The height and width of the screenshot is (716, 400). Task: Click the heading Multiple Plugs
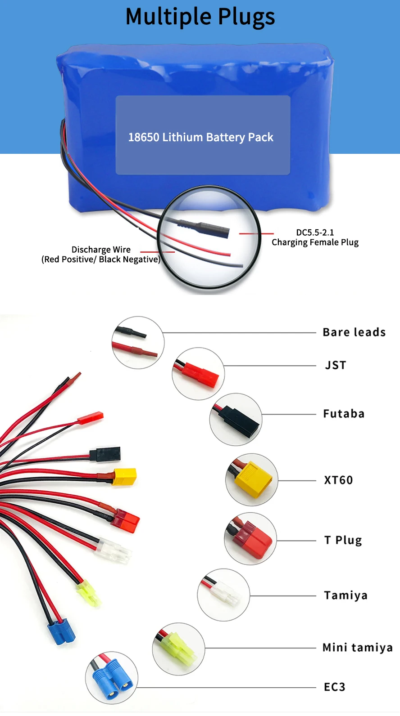point(200,17)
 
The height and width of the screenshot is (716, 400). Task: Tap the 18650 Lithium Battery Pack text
point(201,137)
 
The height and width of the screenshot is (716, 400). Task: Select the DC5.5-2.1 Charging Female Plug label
point(315,237)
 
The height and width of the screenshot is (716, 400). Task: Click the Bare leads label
point(354,332)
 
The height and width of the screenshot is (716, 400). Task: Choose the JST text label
point(336,365)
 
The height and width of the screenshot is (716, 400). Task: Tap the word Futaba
point(344,414)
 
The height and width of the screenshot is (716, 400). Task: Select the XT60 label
point(338,480)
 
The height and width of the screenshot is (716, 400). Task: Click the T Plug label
point(343,540)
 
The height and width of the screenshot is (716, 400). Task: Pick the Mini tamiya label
point(357,648)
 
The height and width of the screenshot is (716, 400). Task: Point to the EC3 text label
point(335,687)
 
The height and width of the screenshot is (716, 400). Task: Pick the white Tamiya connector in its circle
point(225,595)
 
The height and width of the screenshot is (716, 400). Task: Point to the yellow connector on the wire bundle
point(124,477)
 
